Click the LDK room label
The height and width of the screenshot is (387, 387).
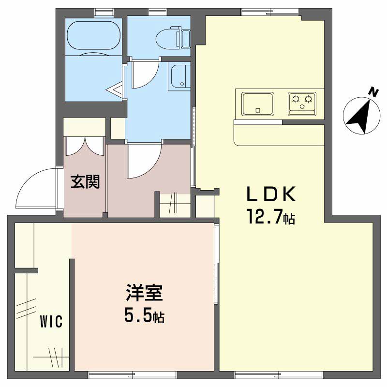(x=270, y=194)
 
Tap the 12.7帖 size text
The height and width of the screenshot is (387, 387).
(x=270, y=217)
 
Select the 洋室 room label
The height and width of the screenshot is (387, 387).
(x=144, y=294)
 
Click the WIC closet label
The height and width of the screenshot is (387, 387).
(x=51, y=322)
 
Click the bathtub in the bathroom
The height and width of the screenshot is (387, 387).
(x=93, y=36)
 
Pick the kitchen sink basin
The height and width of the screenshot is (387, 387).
(x=258, y=104)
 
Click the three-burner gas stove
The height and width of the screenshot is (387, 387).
(x=303, y=103)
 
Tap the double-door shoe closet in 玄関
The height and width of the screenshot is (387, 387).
(x=85, y=145)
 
